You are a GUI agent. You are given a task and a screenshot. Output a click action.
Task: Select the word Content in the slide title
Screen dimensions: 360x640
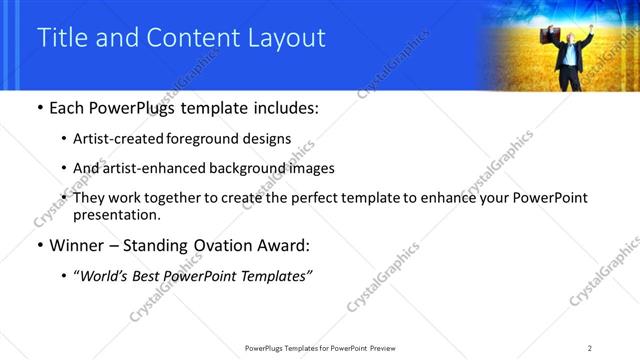tap(193, 38)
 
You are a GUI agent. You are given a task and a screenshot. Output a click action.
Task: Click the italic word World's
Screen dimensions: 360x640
tap(103, 275)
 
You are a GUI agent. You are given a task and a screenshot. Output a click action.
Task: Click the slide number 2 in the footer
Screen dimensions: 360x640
tap(590, 348)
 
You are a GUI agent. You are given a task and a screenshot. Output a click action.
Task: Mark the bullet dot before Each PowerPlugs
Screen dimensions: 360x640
tap(39, 107)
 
